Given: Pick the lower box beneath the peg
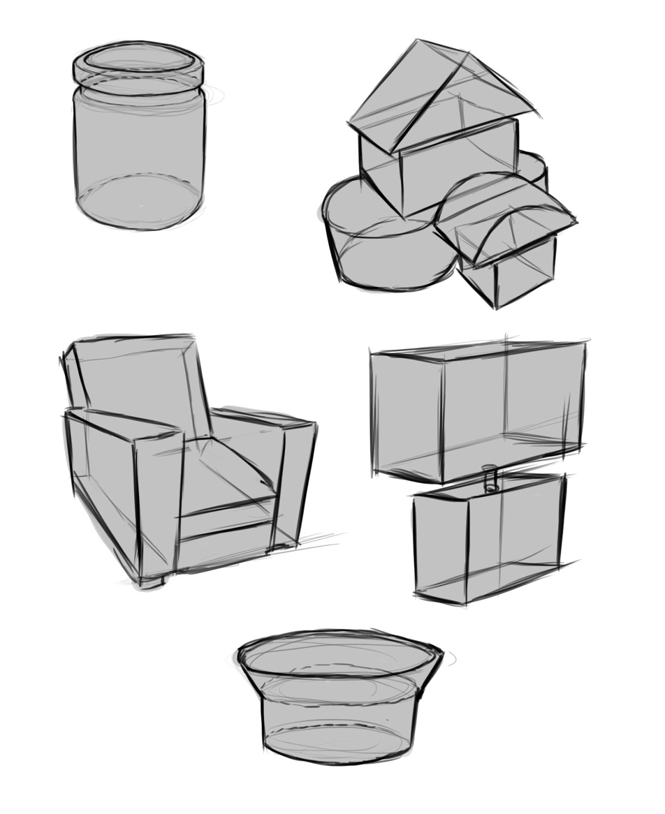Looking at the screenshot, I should (489, 539).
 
